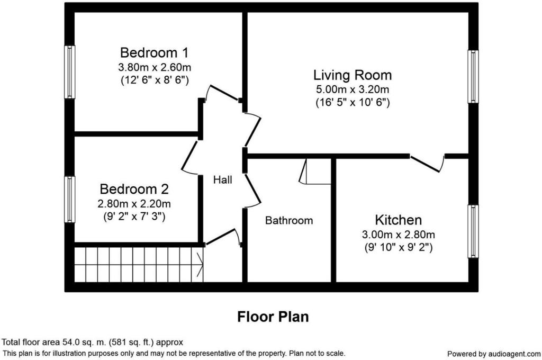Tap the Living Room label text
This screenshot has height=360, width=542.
coord(352,75)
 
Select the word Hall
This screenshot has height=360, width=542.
coord(223,180)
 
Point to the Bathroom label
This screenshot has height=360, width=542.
coord(289,221)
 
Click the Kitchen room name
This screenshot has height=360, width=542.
coord(398,220)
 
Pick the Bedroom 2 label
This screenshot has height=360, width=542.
coord(134,189)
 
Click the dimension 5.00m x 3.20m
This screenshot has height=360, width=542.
coord(352,89)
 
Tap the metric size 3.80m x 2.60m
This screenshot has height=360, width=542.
coord(154,67)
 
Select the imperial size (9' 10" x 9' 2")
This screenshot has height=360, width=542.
coord(398,248)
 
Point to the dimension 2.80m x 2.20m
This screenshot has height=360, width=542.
coord(134,204)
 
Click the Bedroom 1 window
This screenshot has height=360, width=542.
coord(70,72)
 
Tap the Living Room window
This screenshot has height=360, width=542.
coord(473,76)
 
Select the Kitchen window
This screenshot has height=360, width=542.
coord(473,231)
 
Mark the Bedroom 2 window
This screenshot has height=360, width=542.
coord(70,200)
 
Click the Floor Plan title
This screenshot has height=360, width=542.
coord(273,317)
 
